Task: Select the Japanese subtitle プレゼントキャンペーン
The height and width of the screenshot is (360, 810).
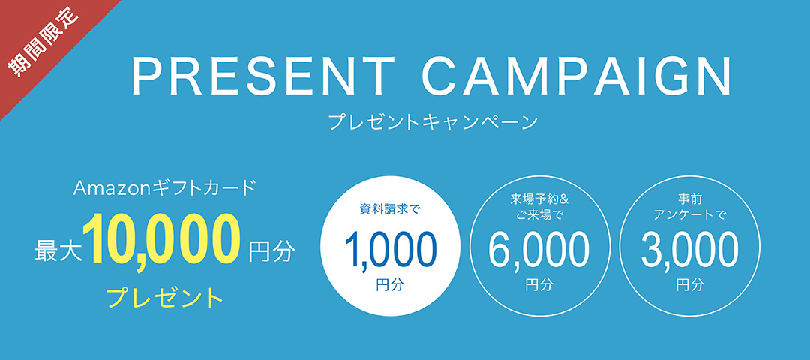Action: coord(433,122)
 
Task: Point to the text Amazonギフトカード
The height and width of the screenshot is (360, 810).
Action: coord(165,188)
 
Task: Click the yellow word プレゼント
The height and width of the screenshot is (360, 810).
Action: coord(165,298)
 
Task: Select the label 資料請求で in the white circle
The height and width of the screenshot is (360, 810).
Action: coord(390,210)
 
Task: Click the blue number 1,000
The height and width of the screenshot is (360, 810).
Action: coord(390,249)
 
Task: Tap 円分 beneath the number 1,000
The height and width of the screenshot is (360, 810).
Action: coord(390,285)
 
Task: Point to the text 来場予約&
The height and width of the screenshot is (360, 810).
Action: coord(538,199)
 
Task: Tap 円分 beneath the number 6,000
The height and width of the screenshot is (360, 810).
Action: coord(538,285)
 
